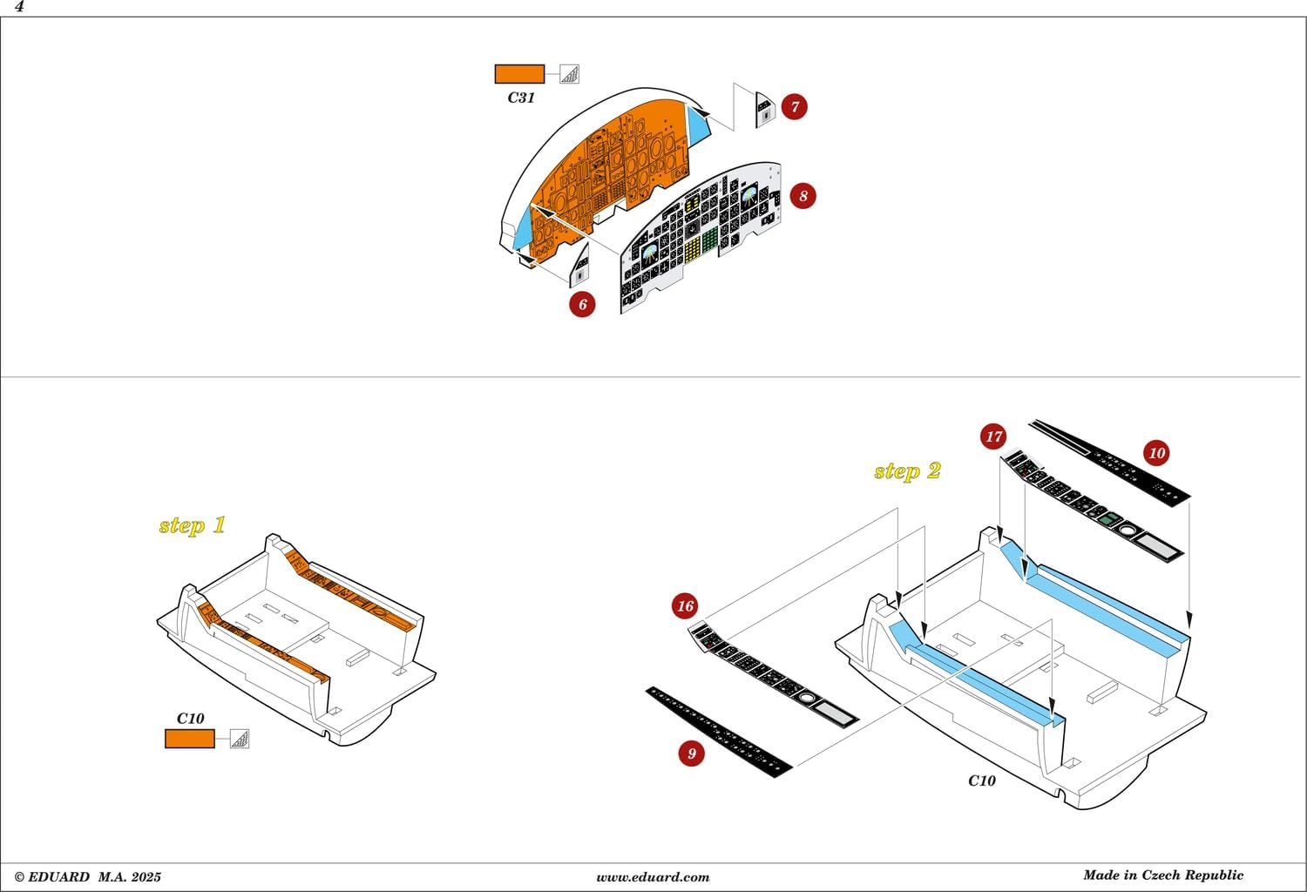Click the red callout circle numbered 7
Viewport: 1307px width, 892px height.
tap(794, 107)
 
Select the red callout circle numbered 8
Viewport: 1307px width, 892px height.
tap(802, 196)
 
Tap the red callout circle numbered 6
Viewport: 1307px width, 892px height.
tap(582, 304)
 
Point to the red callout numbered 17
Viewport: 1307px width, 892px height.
tap(993, 436)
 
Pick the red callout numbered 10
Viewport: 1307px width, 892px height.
tap(1156, 453)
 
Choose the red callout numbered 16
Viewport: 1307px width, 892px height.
tap(685, 605)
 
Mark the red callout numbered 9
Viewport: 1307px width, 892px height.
tap(692, 753)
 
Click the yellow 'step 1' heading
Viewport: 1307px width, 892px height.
tap(192, 525)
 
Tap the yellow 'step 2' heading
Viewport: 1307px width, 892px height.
tap(907, 471)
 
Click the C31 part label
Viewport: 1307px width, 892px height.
tap(521, 98)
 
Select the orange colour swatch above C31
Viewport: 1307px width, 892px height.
tap(519, 74)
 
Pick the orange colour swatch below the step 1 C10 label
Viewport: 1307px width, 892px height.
tap(190, 739)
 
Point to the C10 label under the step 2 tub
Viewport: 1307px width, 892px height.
tap(982, 780)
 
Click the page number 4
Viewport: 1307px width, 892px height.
tap(19, 7)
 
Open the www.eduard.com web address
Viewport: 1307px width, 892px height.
tap(653, 877)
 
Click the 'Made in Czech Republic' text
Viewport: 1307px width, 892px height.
tap(1163, 875)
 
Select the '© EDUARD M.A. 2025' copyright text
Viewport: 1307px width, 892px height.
tap(87, 877)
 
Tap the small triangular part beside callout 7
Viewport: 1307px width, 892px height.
tap(765, 111)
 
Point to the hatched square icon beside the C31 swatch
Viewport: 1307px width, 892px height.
tap(569, 74)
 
